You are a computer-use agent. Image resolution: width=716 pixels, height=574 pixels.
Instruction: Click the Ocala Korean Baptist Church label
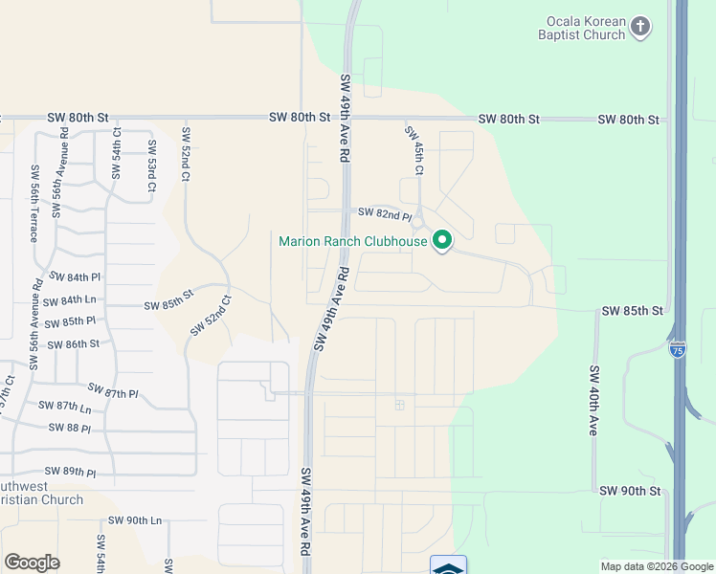pos(586,28)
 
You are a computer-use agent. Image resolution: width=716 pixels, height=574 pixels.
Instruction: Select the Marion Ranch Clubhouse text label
pos(352,241)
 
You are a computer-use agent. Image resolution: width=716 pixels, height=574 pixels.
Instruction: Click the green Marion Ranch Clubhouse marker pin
pos(442,240)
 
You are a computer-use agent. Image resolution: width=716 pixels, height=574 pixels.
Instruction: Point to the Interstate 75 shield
pos(678,349)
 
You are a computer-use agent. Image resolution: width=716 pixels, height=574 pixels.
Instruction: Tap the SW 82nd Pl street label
pos(385,212)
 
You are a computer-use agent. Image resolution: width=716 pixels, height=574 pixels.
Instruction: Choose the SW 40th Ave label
pos(594,402)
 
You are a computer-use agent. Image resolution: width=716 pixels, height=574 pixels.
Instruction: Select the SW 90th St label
pos(631,491)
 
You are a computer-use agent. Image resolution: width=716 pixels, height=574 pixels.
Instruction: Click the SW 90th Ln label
pos(135,520)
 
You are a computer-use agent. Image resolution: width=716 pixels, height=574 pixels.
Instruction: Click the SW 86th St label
pos(73,344)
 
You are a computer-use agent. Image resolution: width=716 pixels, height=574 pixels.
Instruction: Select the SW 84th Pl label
pos(73,277)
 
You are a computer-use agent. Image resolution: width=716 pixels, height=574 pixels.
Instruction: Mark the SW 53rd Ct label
pos(151,161)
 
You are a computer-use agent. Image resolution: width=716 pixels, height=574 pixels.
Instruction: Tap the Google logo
pos(32,563)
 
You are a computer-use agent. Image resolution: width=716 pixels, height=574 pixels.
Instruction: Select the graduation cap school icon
pos(448,566)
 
